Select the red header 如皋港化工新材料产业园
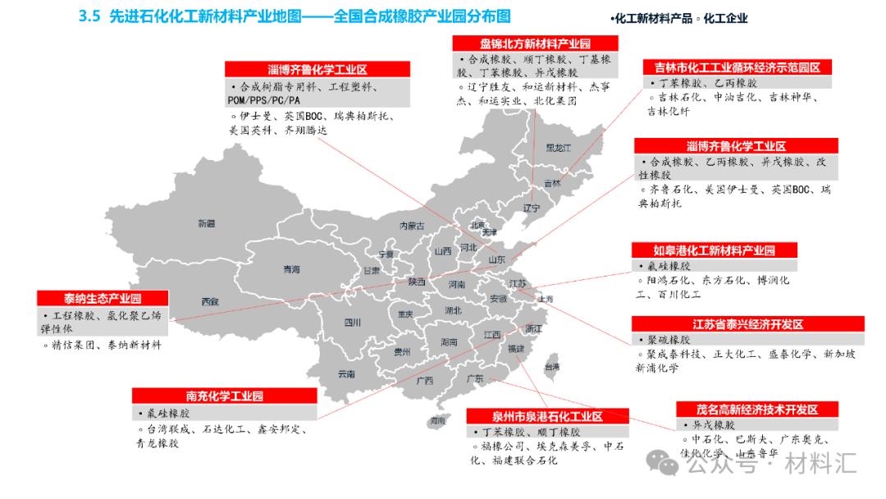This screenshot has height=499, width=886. [714, 250]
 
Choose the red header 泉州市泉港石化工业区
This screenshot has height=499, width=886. [547, 417]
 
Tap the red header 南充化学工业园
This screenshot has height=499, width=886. [224, 396]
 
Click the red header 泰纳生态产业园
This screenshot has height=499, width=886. [103, 298]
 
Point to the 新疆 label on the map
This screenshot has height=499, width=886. [206, 223]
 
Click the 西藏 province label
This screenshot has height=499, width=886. [210, 302]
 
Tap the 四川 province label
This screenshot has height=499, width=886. [353, 323]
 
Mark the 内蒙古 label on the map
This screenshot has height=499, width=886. [412, 226]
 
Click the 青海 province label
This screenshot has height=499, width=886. [291, 269]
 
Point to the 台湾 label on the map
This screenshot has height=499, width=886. [553, 367]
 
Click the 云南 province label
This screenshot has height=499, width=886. [346, 374]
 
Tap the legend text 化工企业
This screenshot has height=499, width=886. [725, 18]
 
